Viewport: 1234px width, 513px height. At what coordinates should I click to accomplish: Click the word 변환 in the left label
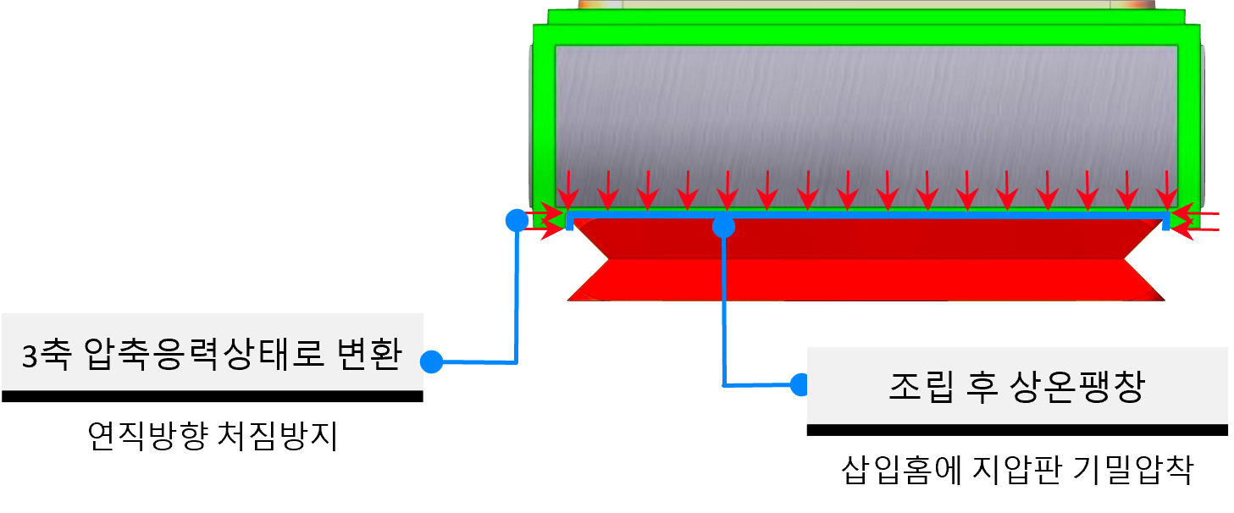(372, 356)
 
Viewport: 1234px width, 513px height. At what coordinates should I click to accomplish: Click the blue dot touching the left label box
(432, 362)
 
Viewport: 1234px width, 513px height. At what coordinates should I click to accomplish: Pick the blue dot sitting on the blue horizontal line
(723, 226)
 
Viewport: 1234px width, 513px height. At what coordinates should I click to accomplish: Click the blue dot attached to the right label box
(800, 385)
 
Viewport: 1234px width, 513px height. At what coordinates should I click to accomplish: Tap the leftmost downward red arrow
(568, 189)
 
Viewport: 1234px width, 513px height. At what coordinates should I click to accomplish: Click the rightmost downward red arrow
(1168, 189)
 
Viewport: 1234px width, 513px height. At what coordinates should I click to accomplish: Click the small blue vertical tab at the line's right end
(1165, 223)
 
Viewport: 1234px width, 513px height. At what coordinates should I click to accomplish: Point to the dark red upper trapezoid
(864, 240)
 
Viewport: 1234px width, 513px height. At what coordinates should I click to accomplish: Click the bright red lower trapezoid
(864, 280)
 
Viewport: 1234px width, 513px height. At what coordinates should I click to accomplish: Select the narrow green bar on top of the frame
(864, 16)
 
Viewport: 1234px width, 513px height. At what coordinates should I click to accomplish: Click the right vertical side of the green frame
(1188, 119)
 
